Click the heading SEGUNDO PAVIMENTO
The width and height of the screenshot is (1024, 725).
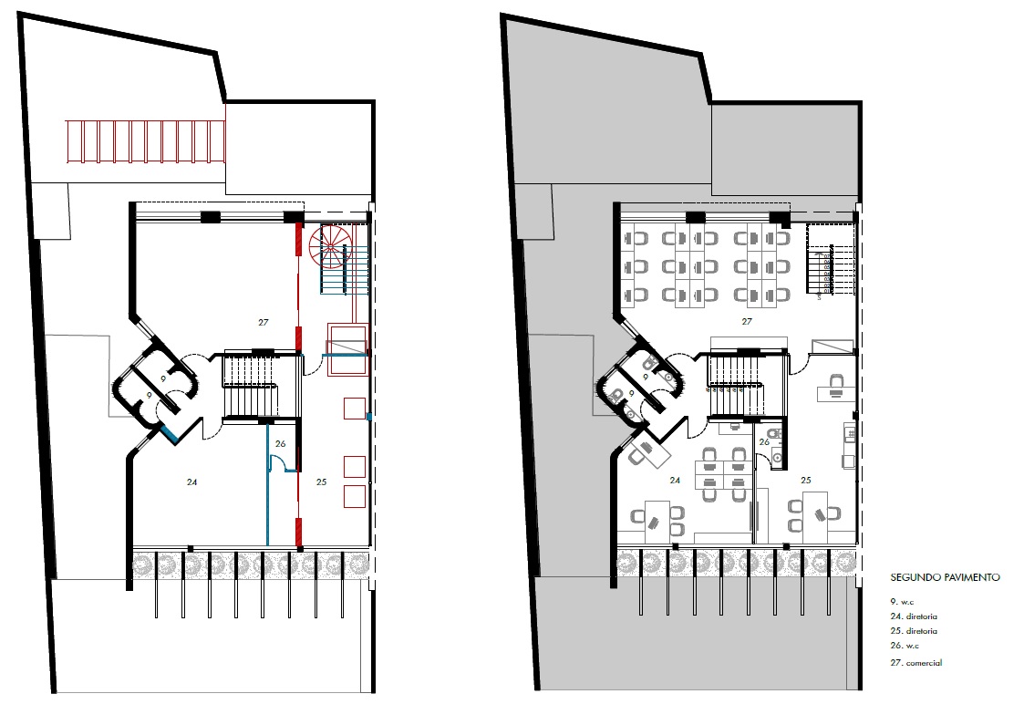[945, 577]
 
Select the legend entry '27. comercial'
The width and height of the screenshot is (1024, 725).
[916, 662]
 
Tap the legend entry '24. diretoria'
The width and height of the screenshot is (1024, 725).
[914, 616]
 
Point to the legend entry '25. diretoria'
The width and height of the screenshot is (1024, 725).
[914, 631]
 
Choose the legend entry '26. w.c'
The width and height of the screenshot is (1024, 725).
[905, 646]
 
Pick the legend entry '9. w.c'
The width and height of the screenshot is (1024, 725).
[902, 602]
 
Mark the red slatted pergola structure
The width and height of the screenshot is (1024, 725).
[146, 141]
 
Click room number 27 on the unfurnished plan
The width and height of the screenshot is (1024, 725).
[264, 322]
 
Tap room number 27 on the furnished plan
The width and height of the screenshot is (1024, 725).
[747, 321]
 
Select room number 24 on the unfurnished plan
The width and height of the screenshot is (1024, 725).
[191, 482]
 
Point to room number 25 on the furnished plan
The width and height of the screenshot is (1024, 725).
[806, 480]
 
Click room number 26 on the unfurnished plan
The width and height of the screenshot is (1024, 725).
[280, 443]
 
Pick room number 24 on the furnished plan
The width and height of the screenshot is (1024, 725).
[675, 480]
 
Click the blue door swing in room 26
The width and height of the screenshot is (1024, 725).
[277, 463]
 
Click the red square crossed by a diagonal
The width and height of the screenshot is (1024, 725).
[347, 349]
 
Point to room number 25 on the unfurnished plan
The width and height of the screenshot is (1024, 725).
[321, 482]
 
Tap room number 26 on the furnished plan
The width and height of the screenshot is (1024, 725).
[764, 442]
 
